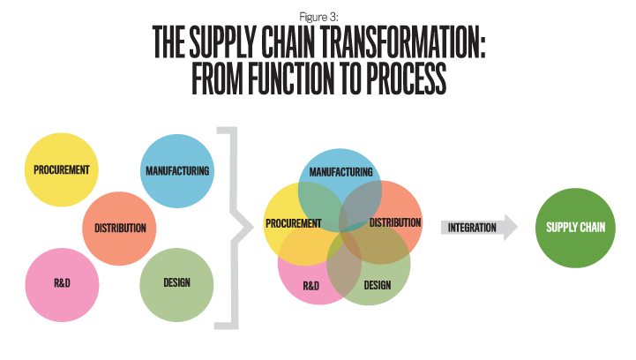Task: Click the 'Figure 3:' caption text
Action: [x=318, y=17]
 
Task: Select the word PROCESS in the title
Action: [x=407, y=78]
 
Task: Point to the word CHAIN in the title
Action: [x=288, y=42]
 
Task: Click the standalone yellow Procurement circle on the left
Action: [x=61, y=169]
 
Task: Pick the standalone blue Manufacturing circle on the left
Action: [x=177, y=171]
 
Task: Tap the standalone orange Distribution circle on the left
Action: [x=119, y=229]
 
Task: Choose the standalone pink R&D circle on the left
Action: [x=62, y=284]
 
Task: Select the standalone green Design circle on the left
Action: [x=176, y=284]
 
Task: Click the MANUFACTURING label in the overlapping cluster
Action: [x=340, y=172]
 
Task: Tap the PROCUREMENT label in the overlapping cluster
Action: [x=293, y=223]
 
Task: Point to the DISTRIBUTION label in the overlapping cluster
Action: [x=395, y=223]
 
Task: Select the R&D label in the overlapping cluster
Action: [x=311, y=286]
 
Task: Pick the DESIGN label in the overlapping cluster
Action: [x=378, y=285]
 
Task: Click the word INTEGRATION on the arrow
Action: [x=472, y=228]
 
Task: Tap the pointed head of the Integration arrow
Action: [x=517, y=228]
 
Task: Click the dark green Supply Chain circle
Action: [x=575, y=228]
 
